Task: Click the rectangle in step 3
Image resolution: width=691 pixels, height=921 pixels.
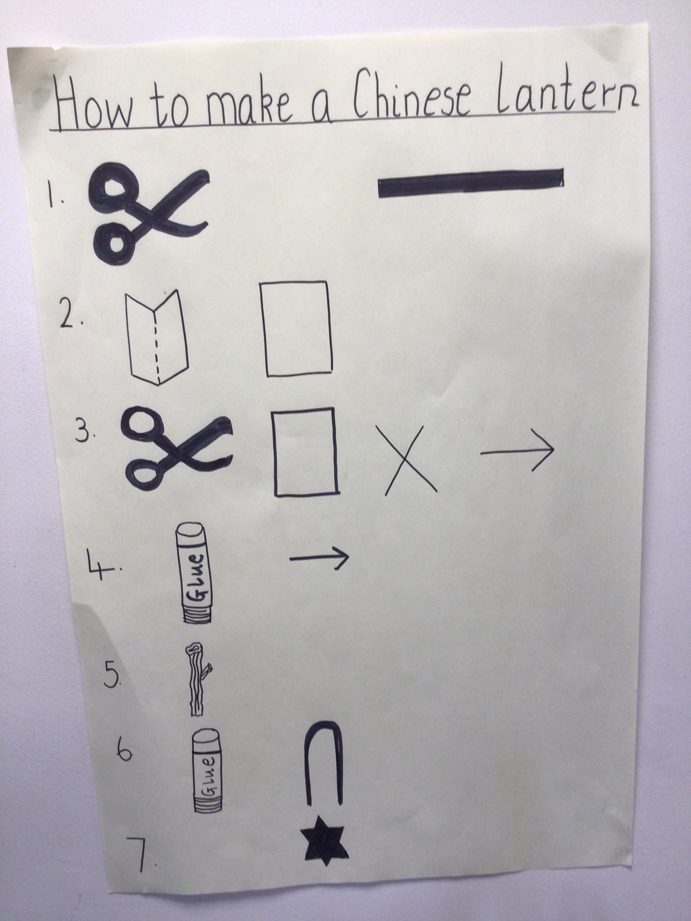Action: [x=306, y=452]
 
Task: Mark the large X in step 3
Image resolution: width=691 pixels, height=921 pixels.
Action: [x=410, y=460]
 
